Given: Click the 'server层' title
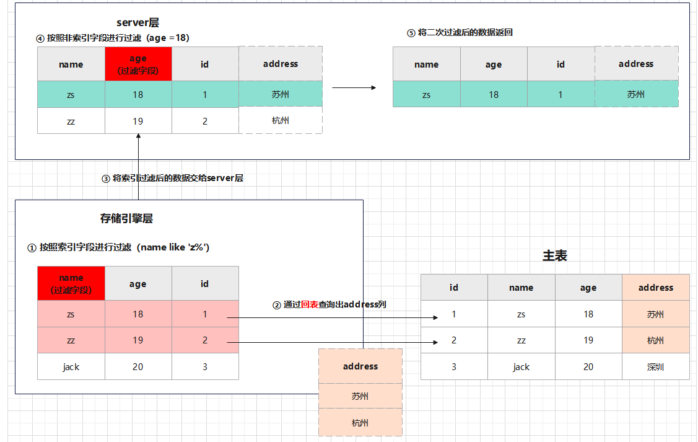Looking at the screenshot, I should click(x=137, y=23).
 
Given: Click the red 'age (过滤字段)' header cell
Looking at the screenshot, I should click(x=138, y=64).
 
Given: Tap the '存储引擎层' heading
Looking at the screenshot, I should click(x=126, y=218).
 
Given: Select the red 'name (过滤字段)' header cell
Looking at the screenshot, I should click(x=71, y=283).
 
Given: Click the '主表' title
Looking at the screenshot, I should click(x=554, y=255).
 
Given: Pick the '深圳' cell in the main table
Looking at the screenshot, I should click(x=655, y=366).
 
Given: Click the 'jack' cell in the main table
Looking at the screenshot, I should click(x=521, y=366).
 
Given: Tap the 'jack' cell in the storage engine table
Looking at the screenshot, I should click(x=71, y=366).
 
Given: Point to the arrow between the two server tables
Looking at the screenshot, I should click(x=354, y=87).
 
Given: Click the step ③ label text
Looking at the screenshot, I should click(x=172, y=178).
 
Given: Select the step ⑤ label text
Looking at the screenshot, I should click(x=460, y=32).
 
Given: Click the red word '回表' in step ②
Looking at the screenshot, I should click(x=310, y=304).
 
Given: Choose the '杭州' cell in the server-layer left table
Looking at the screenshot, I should click(x=281, y=120).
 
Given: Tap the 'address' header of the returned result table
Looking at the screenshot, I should click(x=636, y=64).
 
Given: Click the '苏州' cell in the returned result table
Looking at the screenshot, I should click(x=636, y=94).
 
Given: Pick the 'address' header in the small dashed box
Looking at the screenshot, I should click(x=360, y=366).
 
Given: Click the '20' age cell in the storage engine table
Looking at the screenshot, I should click(x=137, y=366).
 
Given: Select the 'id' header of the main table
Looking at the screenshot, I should click(x=454, y=287).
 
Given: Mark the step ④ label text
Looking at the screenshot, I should click(x=113, y=38).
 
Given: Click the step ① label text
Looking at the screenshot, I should click(x=118, y=247).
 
